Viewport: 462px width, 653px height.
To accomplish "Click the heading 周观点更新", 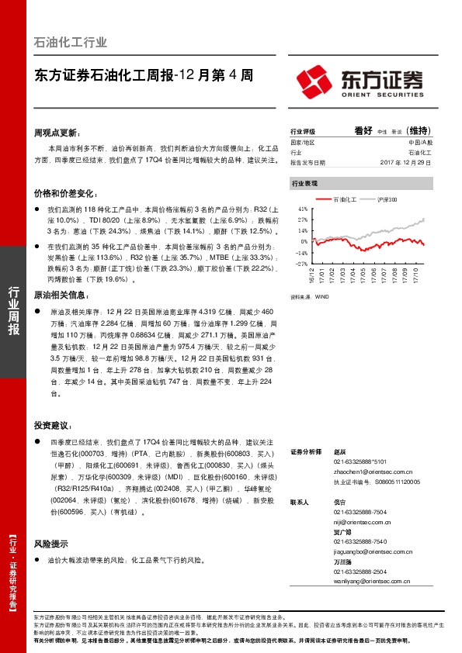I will point(56,133).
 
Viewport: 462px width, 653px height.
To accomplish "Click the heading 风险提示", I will point(51,544).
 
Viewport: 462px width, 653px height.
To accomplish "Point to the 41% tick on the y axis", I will point(302,209).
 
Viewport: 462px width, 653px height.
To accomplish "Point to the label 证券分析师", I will point(305,451).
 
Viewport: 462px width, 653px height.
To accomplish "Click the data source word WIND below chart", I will point(321,296).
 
